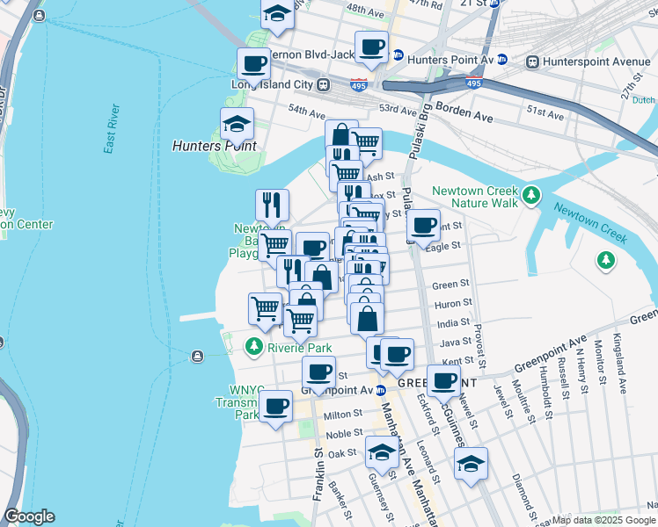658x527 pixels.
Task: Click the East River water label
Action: point(111,129)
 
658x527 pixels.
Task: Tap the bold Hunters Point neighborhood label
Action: point(215,146)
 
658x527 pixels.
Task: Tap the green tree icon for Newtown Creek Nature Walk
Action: point(531,195)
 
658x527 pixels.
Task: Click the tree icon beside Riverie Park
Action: point(254,347)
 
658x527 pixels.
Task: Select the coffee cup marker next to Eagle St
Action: point(423,225)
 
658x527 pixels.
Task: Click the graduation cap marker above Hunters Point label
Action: point(237,124)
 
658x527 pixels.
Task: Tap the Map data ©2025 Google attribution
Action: point(603,520)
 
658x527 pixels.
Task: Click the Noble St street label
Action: point(344,434)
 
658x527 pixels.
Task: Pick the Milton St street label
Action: point(337,415)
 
